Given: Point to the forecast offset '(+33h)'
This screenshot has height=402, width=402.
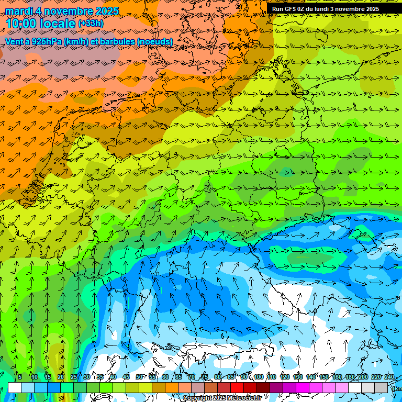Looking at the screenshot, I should coord(91,24).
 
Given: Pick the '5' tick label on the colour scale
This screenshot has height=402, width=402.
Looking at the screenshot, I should coord(20,377).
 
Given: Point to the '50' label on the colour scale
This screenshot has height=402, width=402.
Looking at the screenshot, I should coord(139,377).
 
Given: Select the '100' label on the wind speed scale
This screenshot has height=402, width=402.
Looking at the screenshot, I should coord(258,377).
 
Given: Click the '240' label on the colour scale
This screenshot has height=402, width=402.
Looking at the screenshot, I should coord(389,377).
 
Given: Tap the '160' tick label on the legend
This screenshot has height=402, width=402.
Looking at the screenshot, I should coord(337,377).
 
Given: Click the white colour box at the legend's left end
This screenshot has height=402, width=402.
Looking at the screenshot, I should coord(15,387).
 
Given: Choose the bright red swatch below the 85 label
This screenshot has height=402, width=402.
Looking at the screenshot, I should coord(237,387).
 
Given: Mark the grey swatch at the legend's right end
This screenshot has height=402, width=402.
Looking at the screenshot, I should coord(381,387).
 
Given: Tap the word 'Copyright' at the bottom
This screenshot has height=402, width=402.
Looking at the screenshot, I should coord(197,398).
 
